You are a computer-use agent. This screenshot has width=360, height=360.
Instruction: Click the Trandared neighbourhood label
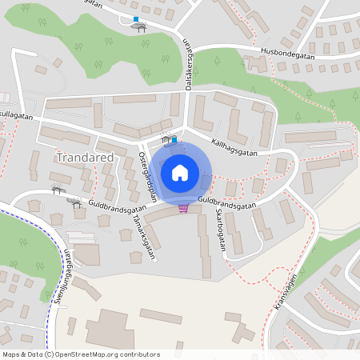[85, 158]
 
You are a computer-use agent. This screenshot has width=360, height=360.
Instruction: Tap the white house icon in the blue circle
[180, 172]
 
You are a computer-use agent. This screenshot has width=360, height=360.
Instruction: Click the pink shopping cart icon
[184, 209]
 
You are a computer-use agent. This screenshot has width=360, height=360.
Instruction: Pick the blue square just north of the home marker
[174, 140]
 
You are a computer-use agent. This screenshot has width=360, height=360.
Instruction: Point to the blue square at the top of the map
[136, 19]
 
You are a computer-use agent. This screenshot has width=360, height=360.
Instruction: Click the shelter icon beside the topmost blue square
[142, 27]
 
